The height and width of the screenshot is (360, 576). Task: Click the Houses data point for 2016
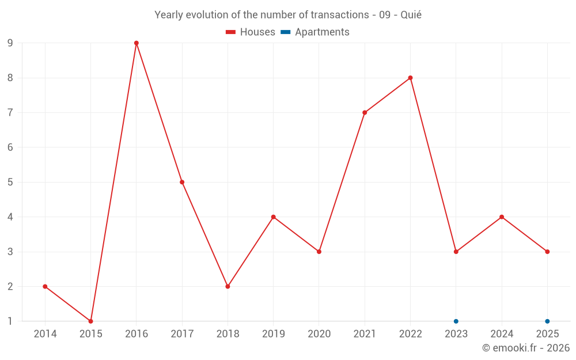[x=137, y=43]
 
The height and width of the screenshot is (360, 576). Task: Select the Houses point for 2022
[x=410, y=78]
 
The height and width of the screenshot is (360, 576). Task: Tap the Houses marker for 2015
[x=90, y=321]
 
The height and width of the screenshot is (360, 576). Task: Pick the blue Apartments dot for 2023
[x=456, y=321]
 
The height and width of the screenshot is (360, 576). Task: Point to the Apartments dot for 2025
[x=547, y=321]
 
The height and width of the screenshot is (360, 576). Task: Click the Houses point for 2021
[x=365, y=112]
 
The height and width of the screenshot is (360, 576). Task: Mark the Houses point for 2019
[x=274, y=217]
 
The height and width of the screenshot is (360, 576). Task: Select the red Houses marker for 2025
[x=547, y=252]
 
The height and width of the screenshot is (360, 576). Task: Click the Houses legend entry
[x=251, y=32]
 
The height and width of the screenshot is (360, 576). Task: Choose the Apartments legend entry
[x=315, y=32]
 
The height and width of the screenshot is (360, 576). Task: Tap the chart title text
[x=288, y=15]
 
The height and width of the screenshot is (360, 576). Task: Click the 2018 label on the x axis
[x=228, y=334]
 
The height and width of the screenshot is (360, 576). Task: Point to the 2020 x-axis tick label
[x=319, y=334]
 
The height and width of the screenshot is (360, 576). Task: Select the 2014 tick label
[x=45, y=334]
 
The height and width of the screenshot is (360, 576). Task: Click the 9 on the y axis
[x=10, y=43]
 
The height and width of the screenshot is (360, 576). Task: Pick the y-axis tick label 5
[x=10, y=182]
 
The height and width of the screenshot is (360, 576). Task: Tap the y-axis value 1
[x=10, y=321]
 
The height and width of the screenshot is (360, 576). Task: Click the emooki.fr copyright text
[x=526, y=348]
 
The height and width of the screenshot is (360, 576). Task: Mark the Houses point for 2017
[x=182, y=182]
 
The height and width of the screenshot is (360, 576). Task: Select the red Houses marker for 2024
[x=502, y=217]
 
